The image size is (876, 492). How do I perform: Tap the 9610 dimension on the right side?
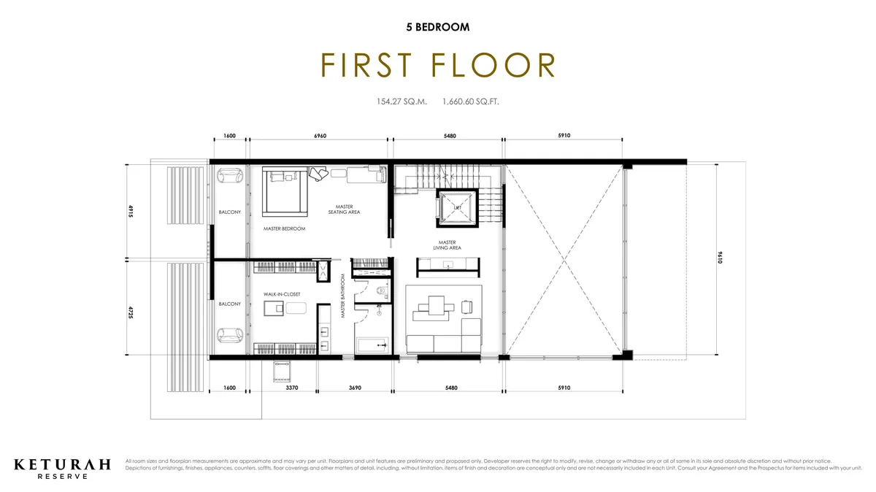coord(721,258)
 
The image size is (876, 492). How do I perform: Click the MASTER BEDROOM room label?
coord(284,228)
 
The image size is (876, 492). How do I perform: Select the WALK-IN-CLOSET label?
coord(282,294)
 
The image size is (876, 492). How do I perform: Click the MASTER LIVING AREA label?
coord(447,245)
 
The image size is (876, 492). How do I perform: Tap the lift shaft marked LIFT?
coord(456,207)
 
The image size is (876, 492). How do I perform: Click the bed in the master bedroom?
coord(280,191)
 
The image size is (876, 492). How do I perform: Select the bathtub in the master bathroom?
coord(372,344)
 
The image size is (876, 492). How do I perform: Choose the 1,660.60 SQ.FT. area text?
coord(470,102)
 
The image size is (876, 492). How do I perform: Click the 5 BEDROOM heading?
coord(437,27)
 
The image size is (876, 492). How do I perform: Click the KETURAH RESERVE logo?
coord(63,468)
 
